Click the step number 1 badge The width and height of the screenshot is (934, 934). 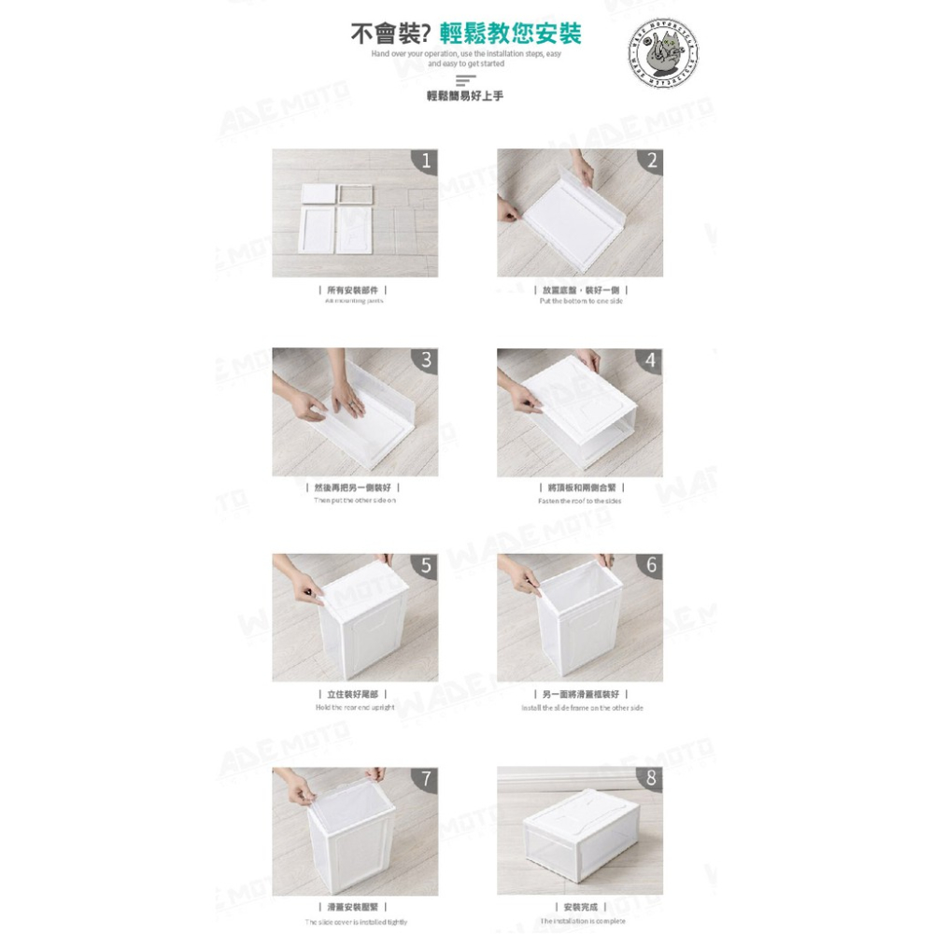click(x=426, y=161)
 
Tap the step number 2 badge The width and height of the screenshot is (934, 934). click(x=651, y=161)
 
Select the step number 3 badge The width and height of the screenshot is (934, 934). click(x=426, y=361)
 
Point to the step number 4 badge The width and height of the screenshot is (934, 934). click(x=651, y=361)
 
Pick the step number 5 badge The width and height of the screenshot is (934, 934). click(x=426, y=565)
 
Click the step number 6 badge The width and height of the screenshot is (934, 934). click(x=651, y=565)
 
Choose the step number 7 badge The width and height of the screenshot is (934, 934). click(x=426, y=779)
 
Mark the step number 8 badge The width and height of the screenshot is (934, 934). click(x=651, y=779)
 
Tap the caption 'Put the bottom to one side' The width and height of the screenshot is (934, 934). click(x=580, y=301)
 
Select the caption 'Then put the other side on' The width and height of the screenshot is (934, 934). click(x=354, y=501)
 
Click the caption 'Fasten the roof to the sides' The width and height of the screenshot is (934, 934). click(x=579, y=502)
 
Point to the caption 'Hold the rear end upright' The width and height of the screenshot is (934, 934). click(x=354, y=708)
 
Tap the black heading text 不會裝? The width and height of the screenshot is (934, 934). click(x=389, y=35)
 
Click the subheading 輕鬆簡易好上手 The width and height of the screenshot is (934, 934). click(x=464, y=96)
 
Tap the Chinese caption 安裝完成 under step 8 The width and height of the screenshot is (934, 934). click(x=581, y=907)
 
